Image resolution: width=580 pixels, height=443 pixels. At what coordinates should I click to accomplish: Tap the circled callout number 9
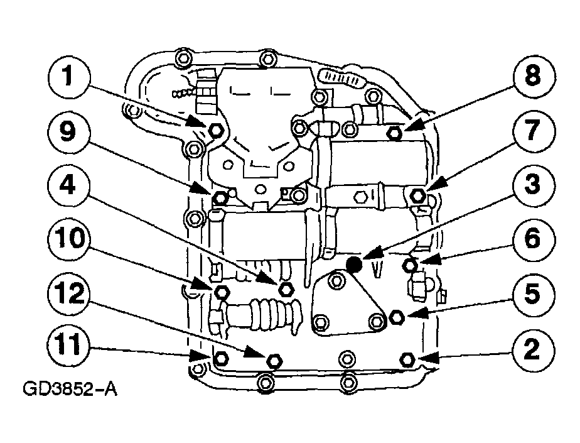[x=68, y=131]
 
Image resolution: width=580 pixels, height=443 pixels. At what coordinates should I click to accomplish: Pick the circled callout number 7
[x=533, y=131]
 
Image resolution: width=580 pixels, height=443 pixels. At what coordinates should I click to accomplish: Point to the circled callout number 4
[x=68, y=185]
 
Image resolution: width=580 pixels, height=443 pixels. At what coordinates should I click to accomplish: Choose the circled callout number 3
[x=533, y=185]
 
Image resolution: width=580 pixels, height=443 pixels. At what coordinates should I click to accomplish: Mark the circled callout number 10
[x=68, y=238]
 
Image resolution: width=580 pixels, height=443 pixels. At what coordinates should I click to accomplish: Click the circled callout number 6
[x=533, y=239]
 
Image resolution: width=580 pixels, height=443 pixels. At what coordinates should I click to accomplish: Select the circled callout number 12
[x=68, y=293]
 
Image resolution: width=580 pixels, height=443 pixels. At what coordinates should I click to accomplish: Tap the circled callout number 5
[x=533, y=293]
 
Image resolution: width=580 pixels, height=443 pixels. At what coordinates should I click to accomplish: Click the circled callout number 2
[x=533, y=349]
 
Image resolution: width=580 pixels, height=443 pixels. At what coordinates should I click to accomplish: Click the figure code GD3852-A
[x=70, y=390]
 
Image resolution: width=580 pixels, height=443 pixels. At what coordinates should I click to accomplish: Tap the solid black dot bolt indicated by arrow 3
[x=354, y=264]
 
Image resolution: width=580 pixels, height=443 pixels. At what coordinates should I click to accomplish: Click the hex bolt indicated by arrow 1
[x=215, y=129]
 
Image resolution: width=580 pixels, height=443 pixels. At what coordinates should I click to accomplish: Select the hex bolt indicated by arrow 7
[x=417, y=195]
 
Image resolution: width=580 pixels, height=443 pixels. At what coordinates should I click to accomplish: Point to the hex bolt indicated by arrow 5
[x=396, y=317]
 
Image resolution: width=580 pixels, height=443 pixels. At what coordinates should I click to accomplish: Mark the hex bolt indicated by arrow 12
[x=274, y=361]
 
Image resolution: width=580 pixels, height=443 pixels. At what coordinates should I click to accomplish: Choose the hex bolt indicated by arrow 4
[x=285, y=289]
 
